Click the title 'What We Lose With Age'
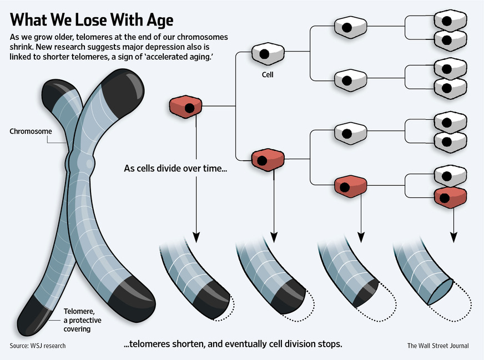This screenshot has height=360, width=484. pos(92,20)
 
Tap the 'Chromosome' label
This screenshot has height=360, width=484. pos(31,131)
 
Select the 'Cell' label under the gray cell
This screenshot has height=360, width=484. pos(268,74)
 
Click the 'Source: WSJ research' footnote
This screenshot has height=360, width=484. pos(38,346)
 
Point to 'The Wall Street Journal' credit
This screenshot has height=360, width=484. pos(438,346)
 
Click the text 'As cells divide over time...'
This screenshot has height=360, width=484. pos(175,168)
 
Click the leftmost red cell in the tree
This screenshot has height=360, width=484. pos(185,107)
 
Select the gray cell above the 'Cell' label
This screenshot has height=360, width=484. pos(268,53)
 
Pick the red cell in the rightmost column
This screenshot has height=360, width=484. pos(450,196)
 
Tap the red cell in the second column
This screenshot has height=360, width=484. pos(268,160)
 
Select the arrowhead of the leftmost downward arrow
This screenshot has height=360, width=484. pos(195,236)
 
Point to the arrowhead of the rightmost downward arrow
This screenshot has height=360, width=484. pos(453,237)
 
